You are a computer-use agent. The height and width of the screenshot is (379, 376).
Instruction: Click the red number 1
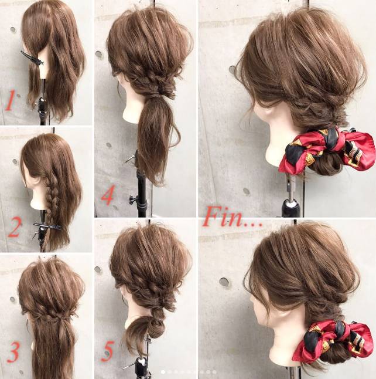tap(10, 100)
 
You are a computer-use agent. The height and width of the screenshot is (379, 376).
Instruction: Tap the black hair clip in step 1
tap(32, 59)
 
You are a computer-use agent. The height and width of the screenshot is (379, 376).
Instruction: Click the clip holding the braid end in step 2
tap(47, 226)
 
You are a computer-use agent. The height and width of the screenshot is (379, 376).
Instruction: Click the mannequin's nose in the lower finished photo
tap(252, 303)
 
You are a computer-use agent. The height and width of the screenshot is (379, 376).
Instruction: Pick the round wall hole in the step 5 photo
tap(98, 270)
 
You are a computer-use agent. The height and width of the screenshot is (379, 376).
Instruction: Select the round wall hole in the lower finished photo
tap(224, 282)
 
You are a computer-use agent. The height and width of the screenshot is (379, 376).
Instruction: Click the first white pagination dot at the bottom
tap(163, 372)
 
